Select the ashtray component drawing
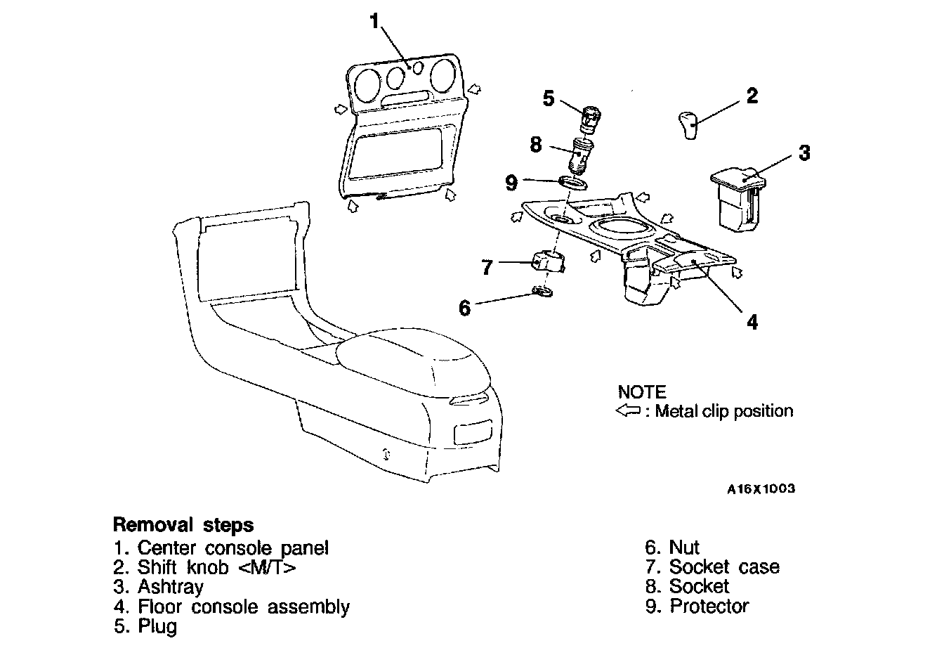tap(737, 197)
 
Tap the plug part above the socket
tap(586, 117)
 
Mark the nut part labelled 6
tap(543, 290)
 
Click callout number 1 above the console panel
tap(376, 21)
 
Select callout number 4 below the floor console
tap(752, 322)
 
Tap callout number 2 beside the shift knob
tap(752, 96)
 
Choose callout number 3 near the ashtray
tap(804, 152)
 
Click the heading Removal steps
tap(183, 525)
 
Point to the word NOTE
tap(641, 392)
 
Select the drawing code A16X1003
tap(761, 489)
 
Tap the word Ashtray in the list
tap(171, 587)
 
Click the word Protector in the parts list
tap(709, 606)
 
